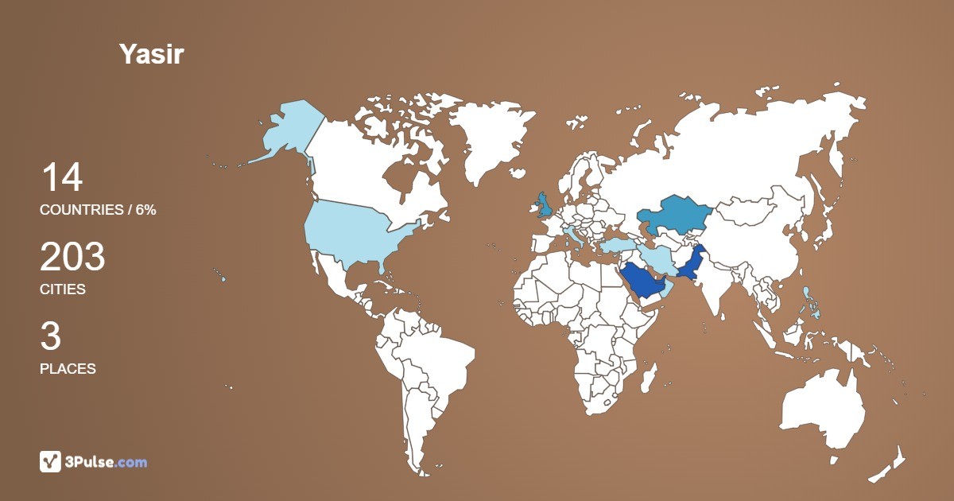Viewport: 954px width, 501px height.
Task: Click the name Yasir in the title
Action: click(151, 54)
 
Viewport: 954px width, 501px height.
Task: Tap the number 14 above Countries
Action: click(61, 177)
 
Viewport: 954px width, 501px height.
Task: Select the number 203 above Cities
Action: click(72, 258)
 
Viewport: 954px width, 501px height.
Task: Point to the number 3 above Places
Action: click(50, 337)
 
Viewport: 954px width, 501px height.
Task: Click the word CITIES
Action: click(62, 289)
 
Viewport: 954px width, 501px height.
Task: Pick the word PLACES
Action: click(68, 369)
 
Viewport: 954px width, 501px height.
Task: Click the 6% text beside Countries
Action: click(145, 210)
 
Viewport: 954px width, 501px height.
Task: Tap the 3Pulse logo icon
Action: click(50, 461)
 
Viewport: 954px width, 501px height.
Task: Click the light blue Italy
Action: click(575, 236)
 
